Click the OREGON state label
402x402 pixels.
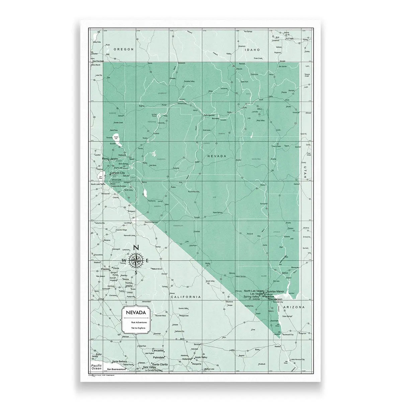pyautogui.click(x=124, y=49)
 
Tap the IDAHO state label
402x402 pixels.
pyautogui.click(x=252, y=50)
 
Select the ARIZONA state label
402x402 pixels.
pyautogui.click(x=294, y=307)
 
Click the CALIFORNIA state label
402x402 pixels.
pyautogui.click(x=186, y=297)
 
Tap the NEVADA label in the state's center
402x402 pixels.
pyautogui.click(x=217, y=156)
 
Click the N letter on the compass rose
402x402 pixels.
pyautogui.click(x=136, y=248)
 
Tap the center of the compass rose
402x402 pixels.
pyautogui.click(x=136, y=260)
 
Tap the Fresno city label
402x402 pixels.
pyautogui.click(x=105, y=269)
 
